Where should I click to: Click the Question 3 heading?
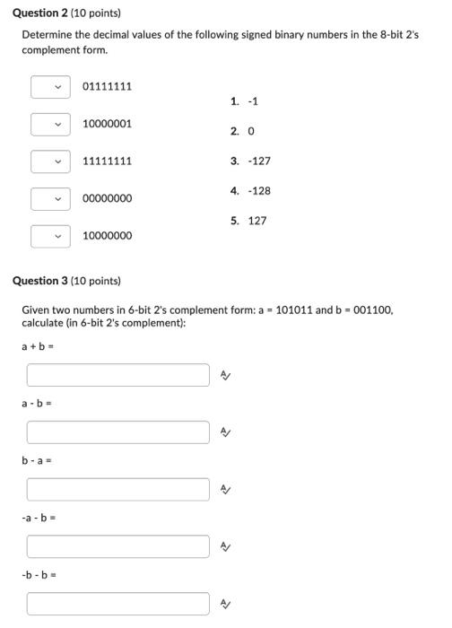[x=66, y=281]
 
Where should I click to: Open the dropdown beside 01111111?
[x=50, y=87]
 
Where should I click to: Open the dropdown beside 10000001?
[x=50, y=124]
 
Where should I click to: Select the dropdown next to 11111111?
[x=50, y=161]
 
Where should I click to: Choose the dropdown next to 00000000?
[x=50, y=198]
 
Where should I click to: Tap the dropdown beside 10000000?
[x=50, y=236]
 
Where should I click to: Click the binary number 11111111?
[x=107, y=161]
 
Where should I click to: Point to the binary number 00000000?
[x=107, y=198]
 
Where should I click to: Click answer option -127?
[x=256, y=161]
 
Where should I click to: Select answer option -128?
[x=256, y=191]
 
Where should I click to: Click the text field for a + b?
[x=117, y=375]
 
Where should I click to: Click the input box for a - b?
[x=117, y=432]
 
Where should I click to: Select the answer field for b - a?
[x=117, y=490]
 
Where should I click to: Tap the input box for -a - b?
[x=117, y=546]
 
